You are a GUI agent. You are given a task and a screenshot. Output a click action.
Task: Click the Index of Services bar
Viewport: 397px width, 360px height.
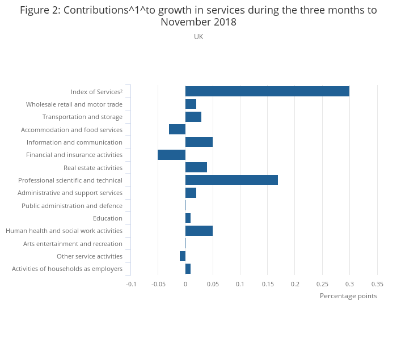267,91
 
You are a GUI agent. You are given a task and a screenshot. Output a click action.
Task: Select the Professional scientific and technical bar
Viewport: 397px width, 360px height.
231,180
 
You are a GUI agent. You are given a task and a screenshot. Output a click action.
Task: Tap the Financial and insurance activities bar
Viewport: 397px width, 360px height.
171,155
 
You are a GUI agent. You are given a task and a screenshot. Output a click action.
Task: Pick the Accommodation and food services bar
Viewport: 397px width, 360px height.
177,129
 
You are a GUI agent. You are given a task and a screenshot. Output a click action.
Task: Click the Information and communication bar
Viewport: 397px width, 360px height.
199,142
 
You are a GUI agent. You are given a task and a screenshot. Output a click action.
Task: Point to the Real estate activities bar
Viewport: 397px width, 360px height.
196,168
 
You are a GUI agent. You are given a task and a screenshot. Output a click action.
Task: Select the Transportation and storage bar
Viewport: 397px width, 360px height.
193,117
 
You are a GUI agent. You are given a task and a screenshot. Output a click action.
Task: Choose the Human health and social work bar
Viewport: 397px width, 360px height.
199,231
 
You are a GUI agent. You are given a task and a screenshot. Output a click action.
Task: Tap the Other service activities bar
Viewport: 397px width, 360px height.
183,256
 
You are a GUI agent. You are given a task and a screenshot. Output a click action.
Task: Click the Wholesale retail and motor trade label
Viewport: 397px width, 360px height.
74,104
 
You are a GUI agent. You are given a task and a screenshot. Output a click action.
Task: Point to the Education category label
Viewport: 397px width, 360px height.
108,218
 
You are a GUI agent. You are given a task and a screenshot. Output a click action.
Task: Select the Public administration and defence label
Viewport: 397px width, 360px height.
72,206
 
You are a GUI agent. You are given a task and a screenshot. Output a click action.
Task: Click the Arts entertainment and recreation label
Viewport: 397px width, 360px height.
73,244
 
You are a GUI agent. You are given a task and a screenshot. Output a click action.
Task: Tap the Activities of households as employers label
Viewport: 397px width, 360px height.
67,269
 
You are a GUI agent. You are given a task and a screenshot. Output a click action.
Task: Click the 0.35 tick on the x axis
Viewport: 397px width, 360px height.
377,284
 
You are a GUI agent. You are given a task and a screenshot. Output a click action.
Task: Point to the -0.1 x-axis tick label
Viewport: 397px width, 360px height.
131,284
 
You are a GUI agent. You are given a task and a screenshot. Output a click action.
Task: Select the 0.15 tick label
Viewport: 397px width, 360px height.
267,284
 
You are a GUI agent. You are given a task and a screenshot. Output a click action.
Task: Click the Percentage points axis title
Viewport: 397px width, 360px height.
348,296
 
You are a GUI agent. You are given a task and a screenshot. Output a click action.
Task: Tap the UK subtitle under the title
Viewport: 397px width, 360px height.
198,37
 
